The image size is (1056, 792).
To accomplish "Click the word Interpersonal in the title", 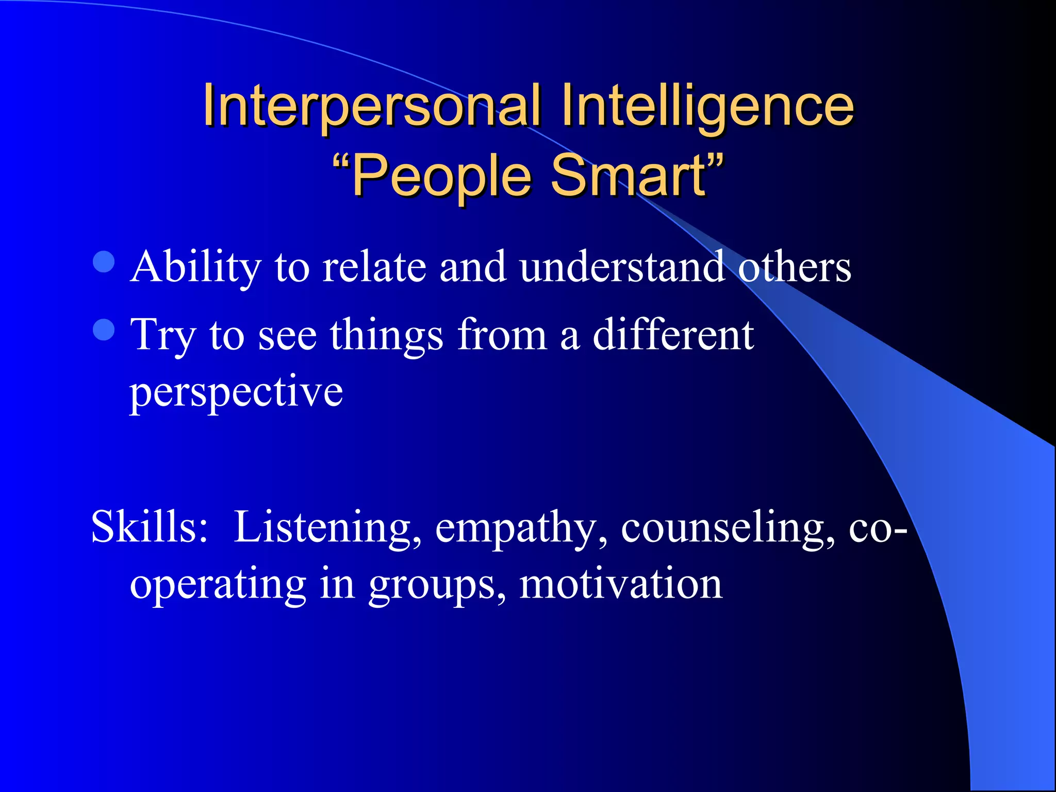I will pos(371,106).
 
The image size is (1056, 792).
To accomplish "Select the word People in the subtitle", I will pos(441,176).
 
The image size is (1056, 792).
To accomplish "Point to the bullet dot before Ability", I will pos(104,261).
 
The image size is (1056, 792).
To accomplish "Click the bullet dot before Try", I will pos(104,329).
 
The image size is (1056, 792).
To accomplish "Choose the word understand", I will pos(622,267).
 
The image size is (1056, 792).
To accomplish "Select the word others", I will pos(795,267).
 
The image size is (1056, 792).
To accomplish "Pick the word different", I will pos(673,335).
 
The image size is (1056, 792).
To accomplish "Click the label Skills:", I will pos(150,527).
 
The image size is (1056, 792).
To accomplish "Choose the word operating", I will pos(218,585).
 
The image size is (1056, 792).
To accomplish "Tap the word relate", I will pos(374,267).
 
